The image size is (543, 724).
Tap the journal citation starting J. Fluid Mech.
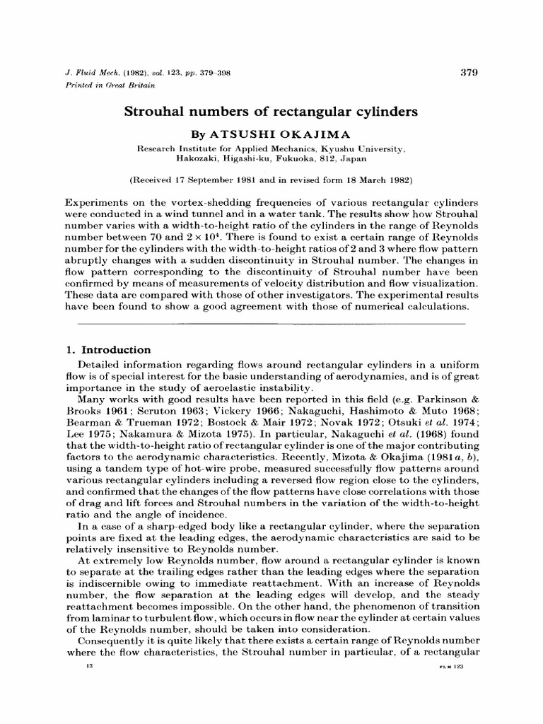[141, 73]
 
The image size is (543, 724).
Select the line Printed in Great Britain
[107, 85]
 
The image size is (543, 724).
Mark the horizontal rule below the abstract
[271, 323]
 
